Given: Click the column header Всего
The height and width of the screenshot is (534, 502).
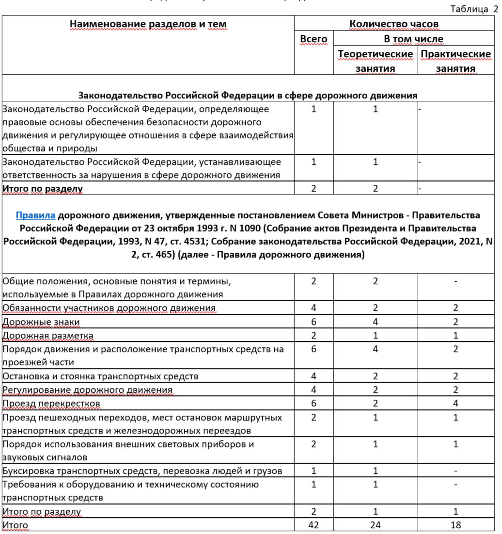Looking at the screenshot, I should (314, 39).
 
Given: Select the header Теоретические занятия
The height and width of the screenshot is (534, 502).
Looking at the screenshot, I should (375, 61).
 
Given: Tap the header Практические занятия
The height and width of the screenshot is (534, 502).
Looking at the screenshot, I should (455, 61).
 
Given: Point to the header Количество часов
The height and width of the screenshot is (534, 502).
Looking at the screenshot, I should (394, 24).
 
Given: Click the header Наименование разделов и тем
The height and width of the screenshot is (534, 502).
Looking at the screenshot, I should (148, 24).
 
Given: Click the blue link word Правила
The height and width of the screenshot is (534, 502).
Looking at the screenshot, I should (39, 215).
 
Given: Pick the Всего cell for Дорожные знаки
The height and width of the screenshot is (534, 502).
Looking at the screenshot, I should (314, 322).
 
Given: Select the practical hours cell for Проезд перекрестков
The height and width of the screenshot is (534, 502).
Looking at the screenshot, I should (455, 404).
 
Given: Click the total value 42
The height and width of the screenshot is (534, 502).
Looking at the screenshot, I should (314, 525).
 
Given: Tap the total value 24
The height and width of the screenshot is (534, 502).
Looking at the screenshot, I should (375, 525).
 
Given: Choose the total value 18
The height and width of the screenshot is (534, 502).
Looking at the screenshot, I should (455, 525).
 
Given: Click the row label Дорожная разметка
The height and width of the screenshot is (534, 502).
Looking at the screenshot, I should (48, 336).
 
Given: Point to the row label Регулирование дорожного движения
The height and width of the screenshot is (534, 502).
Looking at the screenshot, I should (87, 390).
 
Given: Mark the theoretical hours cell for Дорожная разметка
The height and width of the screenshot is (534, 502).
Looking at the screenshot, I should (375, 336).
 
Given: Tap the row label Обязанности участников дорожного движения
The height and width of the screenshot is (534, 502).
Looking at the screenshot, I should (109, 308).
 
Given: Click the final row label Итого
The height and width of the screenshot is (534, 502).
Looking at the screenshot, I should (16, 525).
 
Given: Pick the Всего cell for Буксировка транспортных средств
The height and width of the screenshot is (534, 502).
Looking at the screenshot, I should (314, 470).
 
